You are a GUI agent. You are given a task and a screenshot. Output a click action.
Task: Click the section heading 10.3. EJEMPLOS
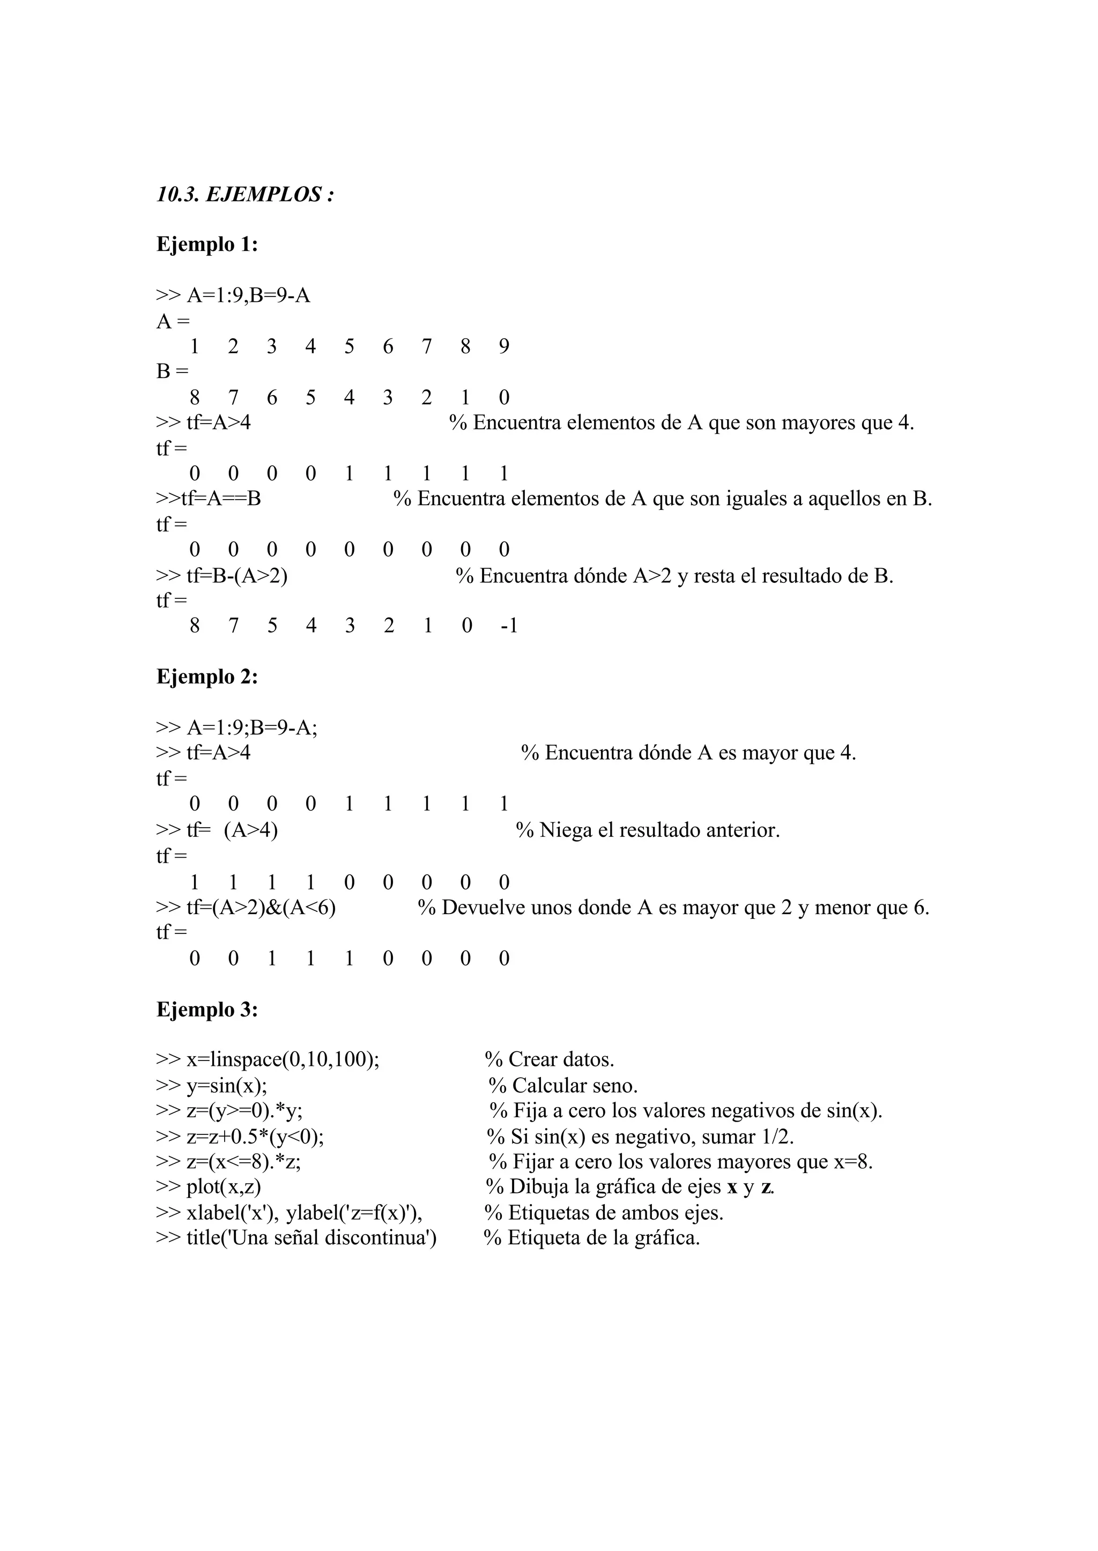(246, 195)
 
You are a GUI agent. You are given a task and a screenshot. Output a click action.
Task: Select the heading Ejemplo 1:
(207, 244)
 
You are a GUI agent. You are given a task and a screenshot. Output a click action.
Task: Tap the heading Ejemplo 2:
(207, 676)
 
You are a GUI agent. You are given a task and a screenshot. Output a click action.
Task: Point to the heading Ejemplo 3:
(207, 1009)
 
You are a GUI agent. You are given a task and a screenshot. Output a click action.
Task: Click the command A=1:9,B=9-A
(248, 295)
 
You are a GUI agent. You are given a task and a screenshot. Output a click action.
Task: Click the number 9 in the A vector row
(504, 346)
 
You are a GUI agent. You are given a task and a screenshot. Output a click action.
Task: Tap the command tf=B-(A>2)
(236, 576)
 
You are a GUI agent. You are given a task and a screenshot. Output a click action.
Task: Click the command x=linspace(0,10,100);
(283, 1059)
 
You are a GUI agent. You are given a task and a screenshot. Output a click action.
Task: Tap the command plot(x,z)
(223, 1186)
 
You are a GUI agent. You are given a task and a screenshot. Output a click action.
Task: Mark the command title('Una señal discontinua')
(311, 1237)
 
